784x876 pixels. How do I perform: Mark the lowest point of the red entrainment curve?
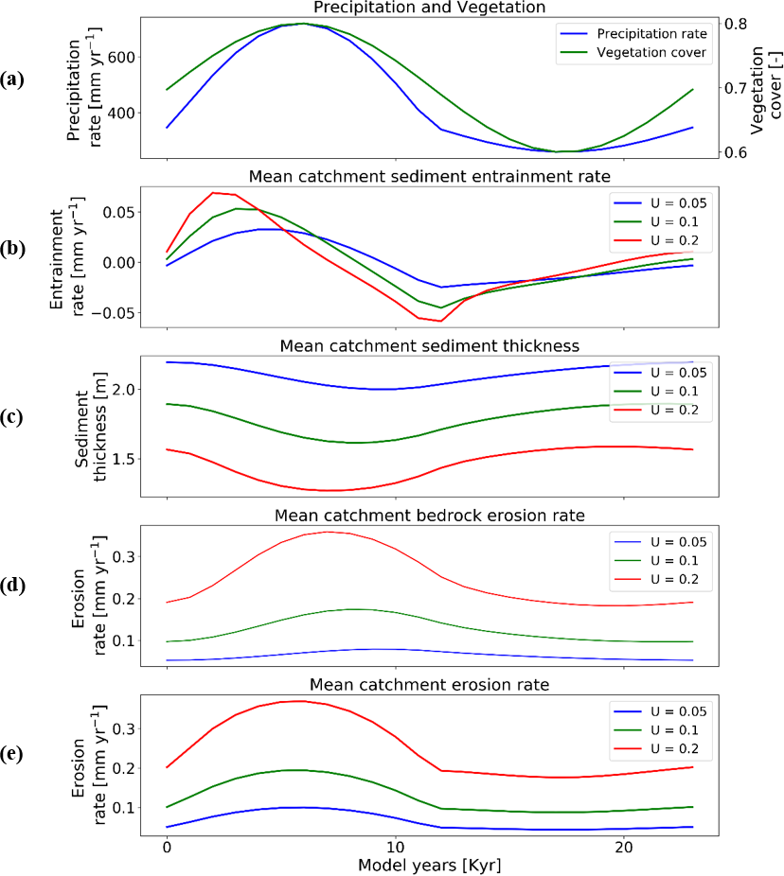[440, 321]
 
